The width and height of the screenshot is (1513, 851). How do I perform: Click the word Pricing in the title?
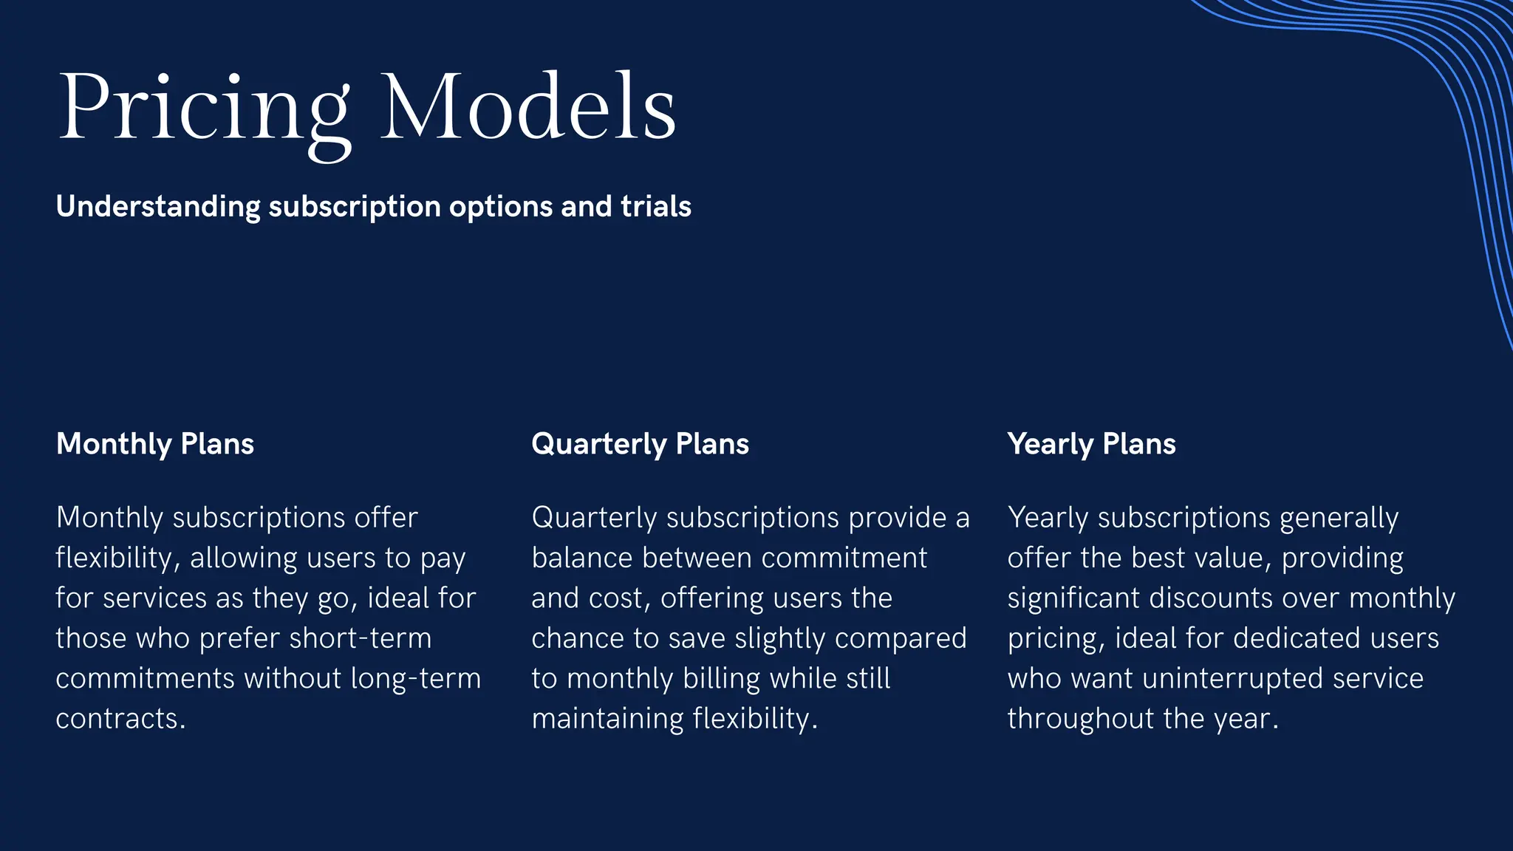pyautogui.click(x=204, y=108)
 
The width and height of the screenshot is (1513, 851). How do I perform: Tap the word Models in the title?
pyautogui.click(x=528, y=108)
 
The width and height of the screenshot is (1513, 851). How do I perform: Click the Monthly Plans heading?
pyautogui.click(x=155, y=444)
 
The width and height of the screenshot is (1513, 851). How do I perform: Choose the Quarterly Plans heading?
pyautogui.click(x=640, y=444)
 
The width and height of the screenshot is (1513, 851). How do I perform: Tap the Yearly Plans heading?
pyautogui.click(x=1091, y=444)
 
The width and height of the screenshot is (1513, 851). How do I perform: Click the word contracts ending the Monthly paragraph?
pyautogui.click(x=120, y=719)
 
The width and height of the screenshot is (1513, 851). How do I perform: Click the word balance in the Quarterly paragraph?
pyautogui.click(x=581, y=558)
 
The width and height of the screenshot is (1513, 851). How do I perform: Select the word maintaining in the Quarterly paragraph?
pyautogui.click(x=608, y=719)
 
